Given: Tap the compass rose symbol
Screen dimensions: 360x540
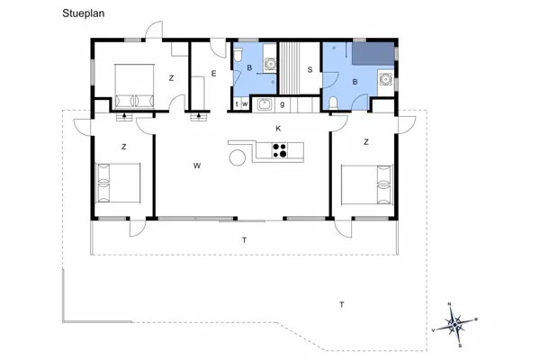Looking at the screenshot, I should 456,321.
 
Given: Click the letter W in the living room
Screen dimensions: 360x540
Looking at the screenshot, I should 195,166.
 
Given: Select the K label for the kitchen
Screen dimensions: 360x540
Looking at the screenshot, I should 278,130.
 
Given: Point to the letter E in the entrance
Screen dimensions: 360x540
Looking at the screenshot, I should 213,73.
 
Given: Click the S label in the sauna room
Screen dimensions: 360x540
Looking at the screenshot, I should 310,69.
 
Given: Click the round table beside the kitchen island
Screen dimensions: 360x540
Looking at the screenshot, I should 237,158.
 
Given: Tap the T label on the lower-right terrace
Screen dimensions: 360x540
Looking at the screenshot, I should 341,305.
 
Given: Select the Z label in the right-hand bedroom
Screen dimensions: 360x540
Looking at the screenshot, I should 365,142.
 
